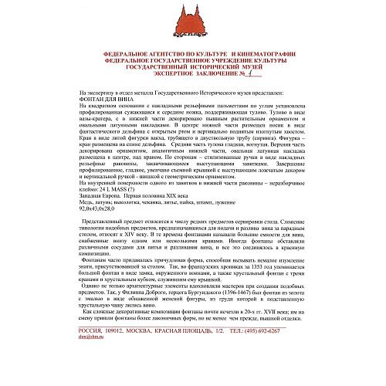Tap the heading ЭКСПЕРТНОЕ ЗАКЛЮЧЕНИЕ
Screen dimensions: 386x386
tap(178, 74)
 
